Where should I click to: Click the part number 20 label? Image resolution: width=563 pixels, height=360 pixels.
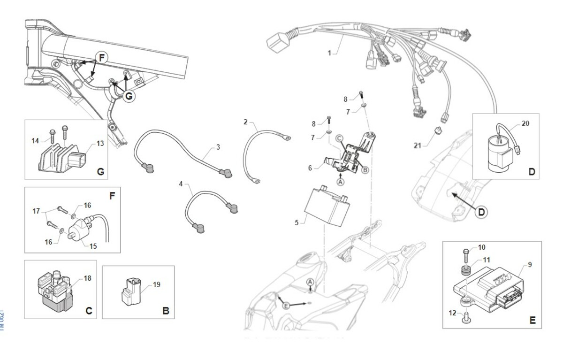pyautogui.click(x=525, y=124)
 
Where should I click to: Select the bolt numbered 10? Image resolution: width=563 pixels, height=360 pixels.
pyautogui.click(x=467, y=255)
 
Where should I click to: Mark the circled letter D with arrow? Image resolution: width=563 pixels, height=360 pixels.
pyautogui.click(x=480, y=213)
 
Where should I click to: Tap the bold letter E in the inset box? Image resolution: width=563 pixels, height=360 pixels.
pyautogui.click(x=532, y=321)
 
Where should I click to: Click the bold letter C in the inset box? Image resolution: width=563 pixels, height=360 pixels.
pyautogui.click(x=89, y=310)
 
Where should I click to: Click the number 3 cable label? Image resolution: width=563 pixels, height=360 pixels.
pyautogui.click(x=218, y=147)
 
